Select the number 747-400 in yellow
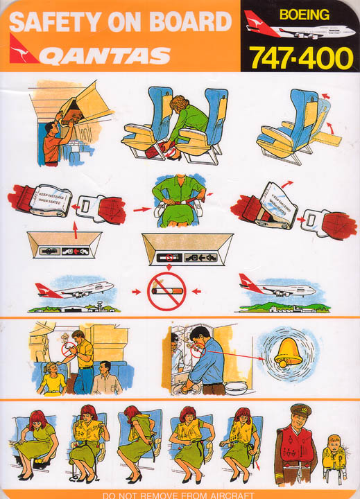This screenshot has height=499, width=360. pyautogui.click(x=301, y=58)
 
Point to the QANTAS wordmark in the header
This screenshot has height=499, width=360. pyautogui.click(x=104, y=55)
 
